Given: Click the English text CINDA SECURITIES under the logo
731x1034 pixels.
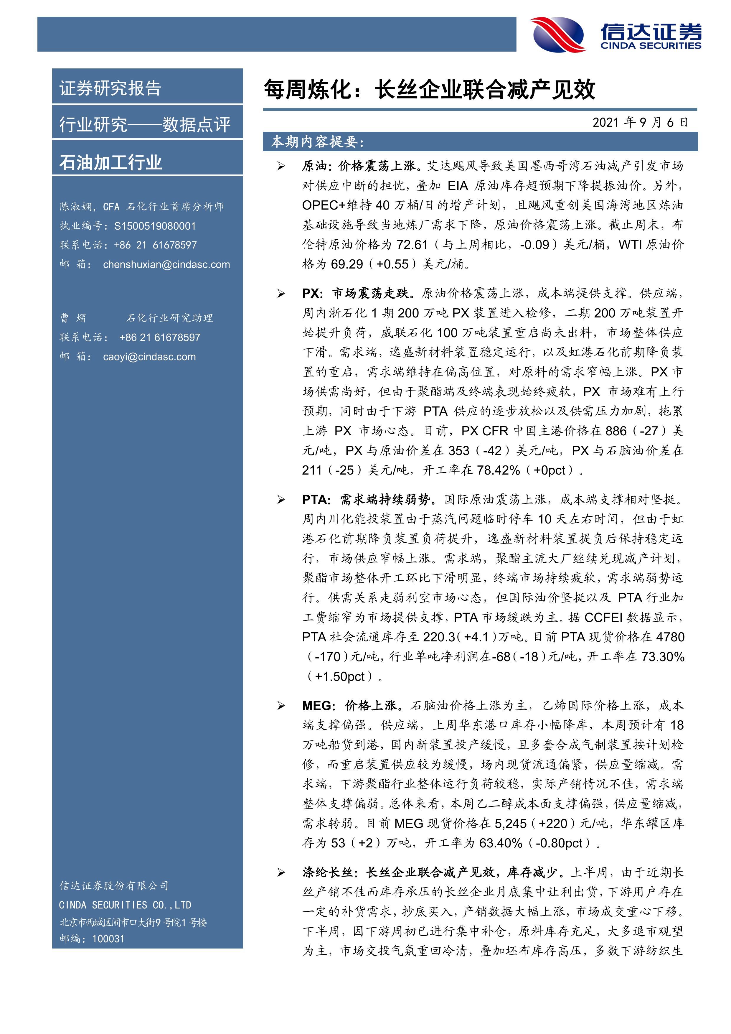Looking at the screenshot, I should point(651,45).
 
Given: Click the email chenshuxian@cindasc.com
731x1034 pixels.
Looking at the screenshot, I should point(166,265).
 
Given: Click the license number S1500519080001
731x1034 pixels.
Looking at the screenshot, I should point(155,226).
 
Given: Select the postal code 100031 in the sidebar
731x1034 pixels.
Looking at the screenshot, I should point(108,939).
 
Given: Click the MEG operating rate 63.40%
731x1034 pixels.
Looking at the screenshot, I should point(501,843).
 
